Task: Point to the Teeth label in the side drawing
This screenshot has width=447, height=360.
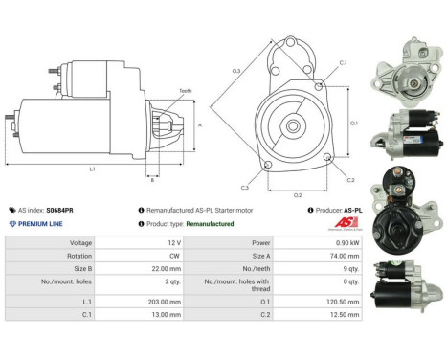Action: (x=184, y=90)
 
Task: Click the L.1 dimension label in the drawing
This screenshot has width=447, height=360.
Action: (x=91, y=169)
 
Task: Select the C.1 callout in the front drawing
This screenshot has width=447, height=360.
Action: (x=342, y=63)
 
